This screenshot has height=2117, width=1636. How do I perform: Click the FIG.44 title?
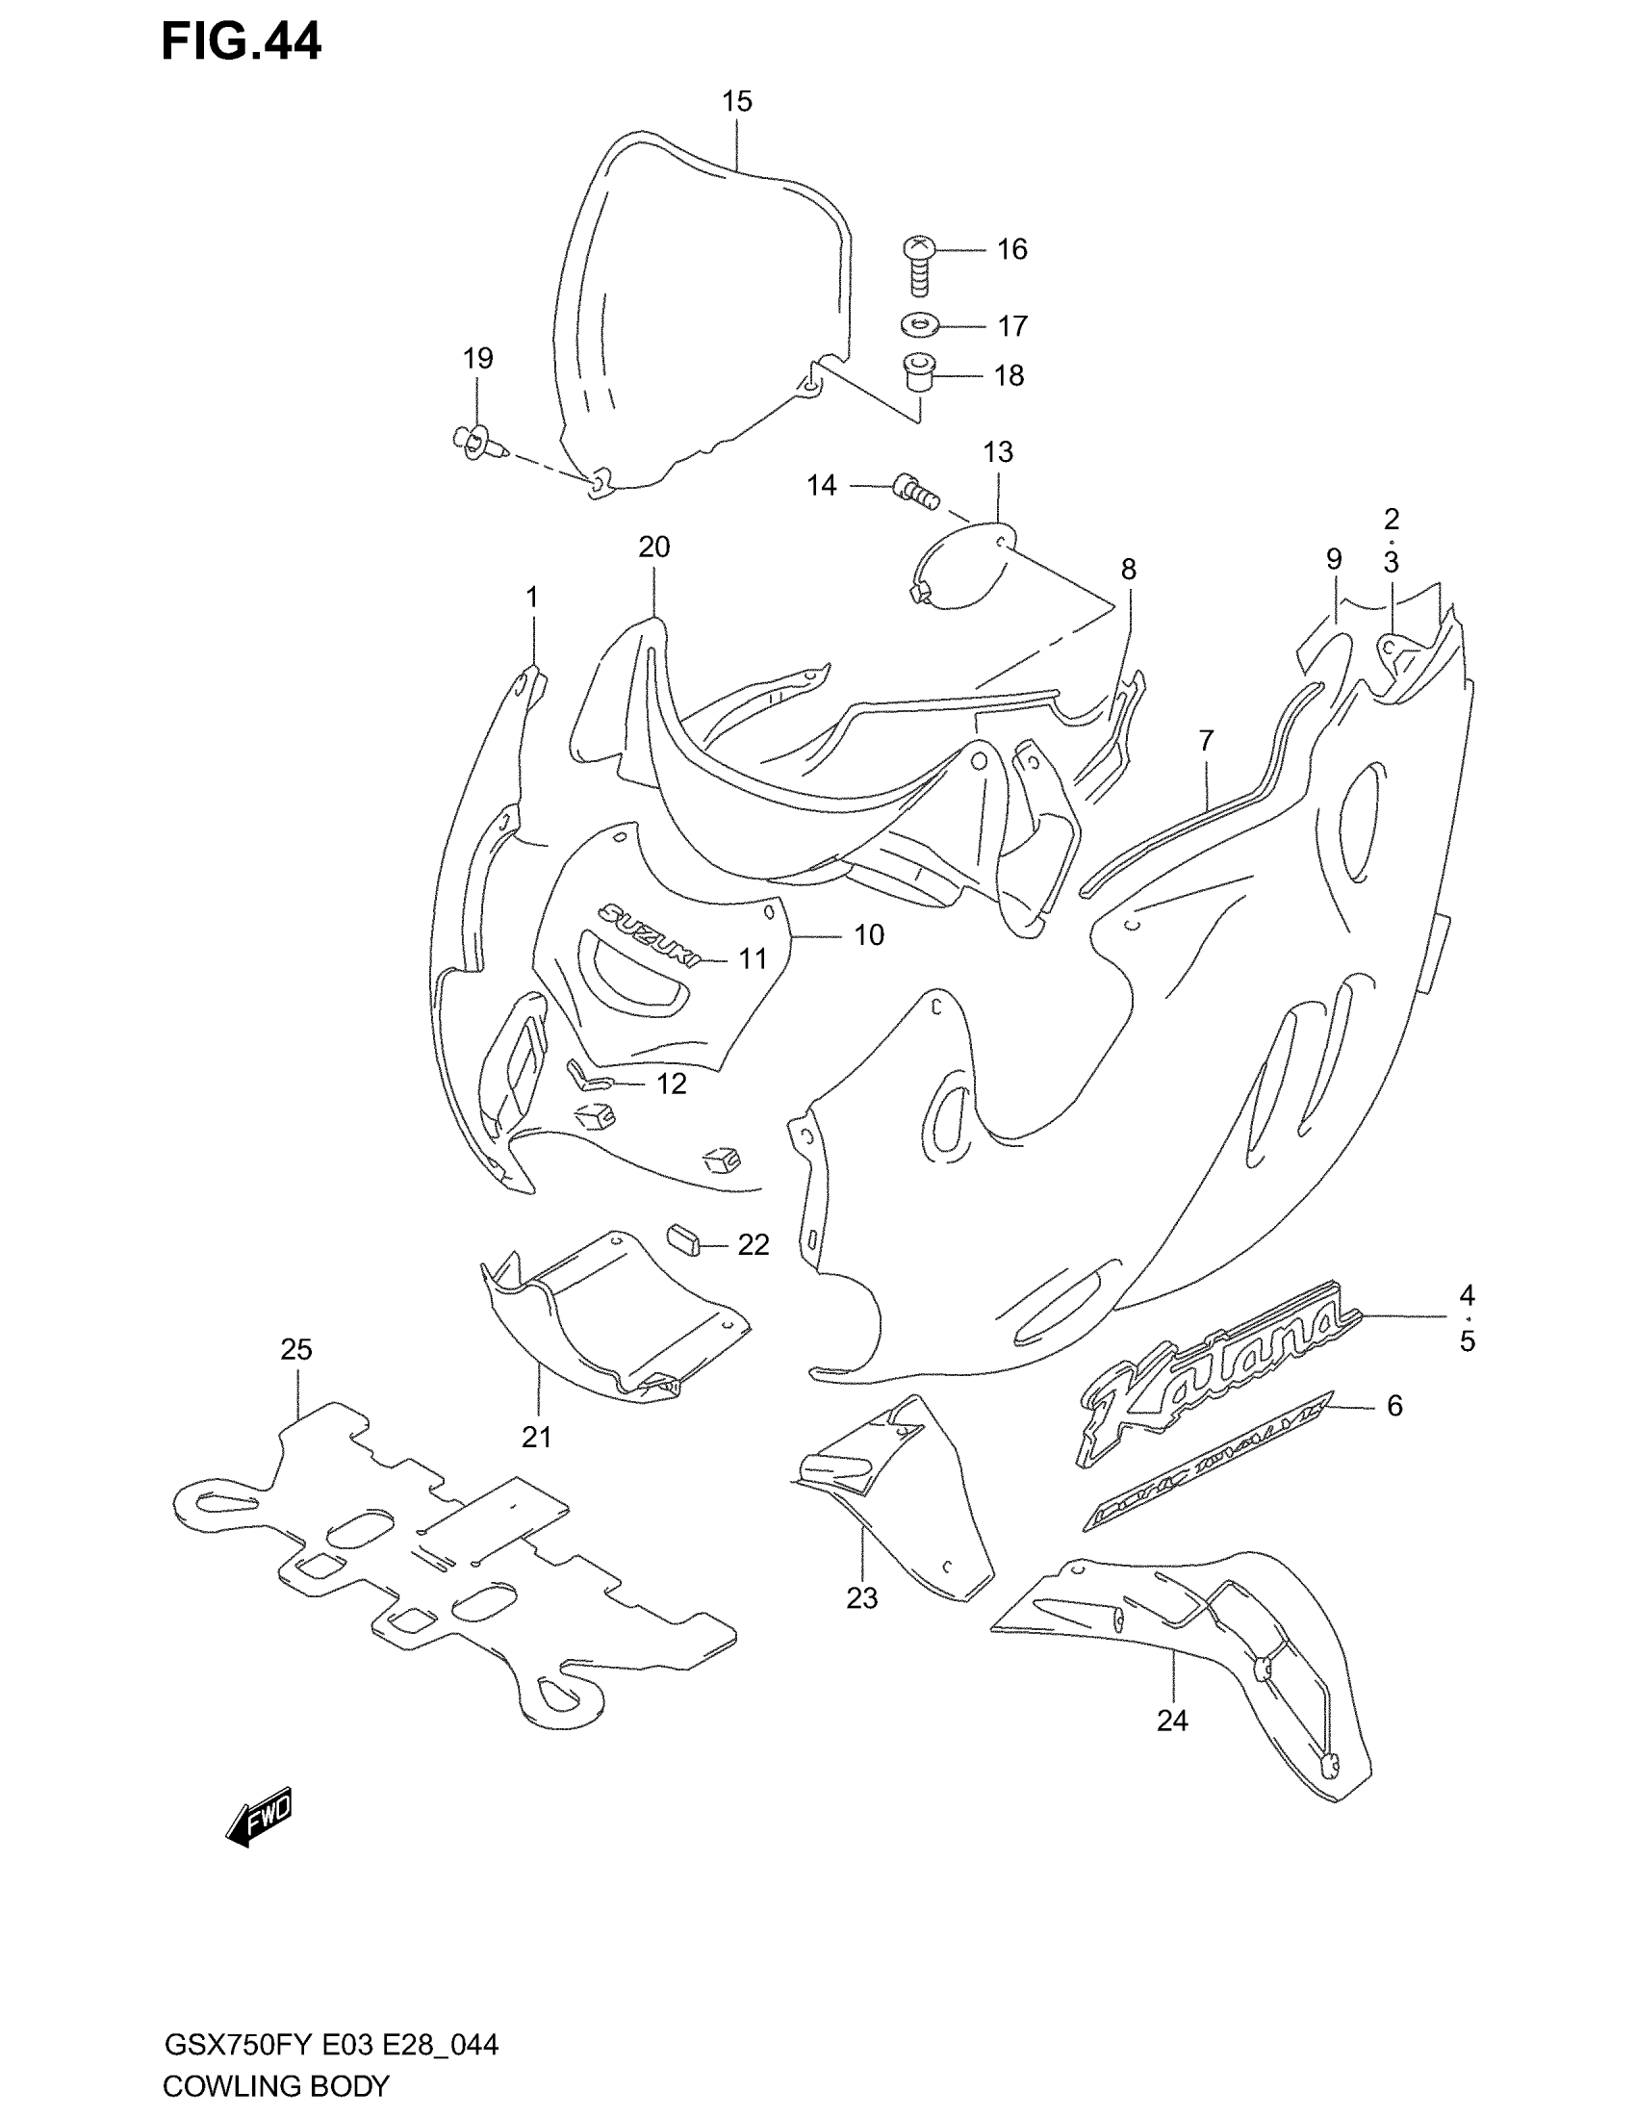point(241,43)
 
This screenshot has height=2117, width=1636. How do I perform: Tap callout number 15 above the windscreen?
point(736,101)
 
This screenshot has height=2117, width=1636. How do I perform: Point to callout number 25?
point(296,1348)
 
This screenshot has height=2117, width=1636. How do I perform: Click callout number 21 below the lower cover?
point(536,1438)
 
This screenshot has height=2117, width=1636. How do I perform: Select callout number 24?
point(1172,1721)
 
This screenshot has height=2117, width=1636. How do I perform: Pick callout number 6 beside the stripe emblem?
point(1393,1406)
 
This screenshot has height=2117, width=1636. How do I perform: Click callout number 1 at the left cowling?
point(531,598)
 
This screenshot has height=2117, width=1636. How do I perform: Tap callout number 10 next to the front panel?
point(868,934)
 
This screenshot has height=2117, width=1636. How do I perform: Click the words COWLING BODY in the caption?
point(276,2085)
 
